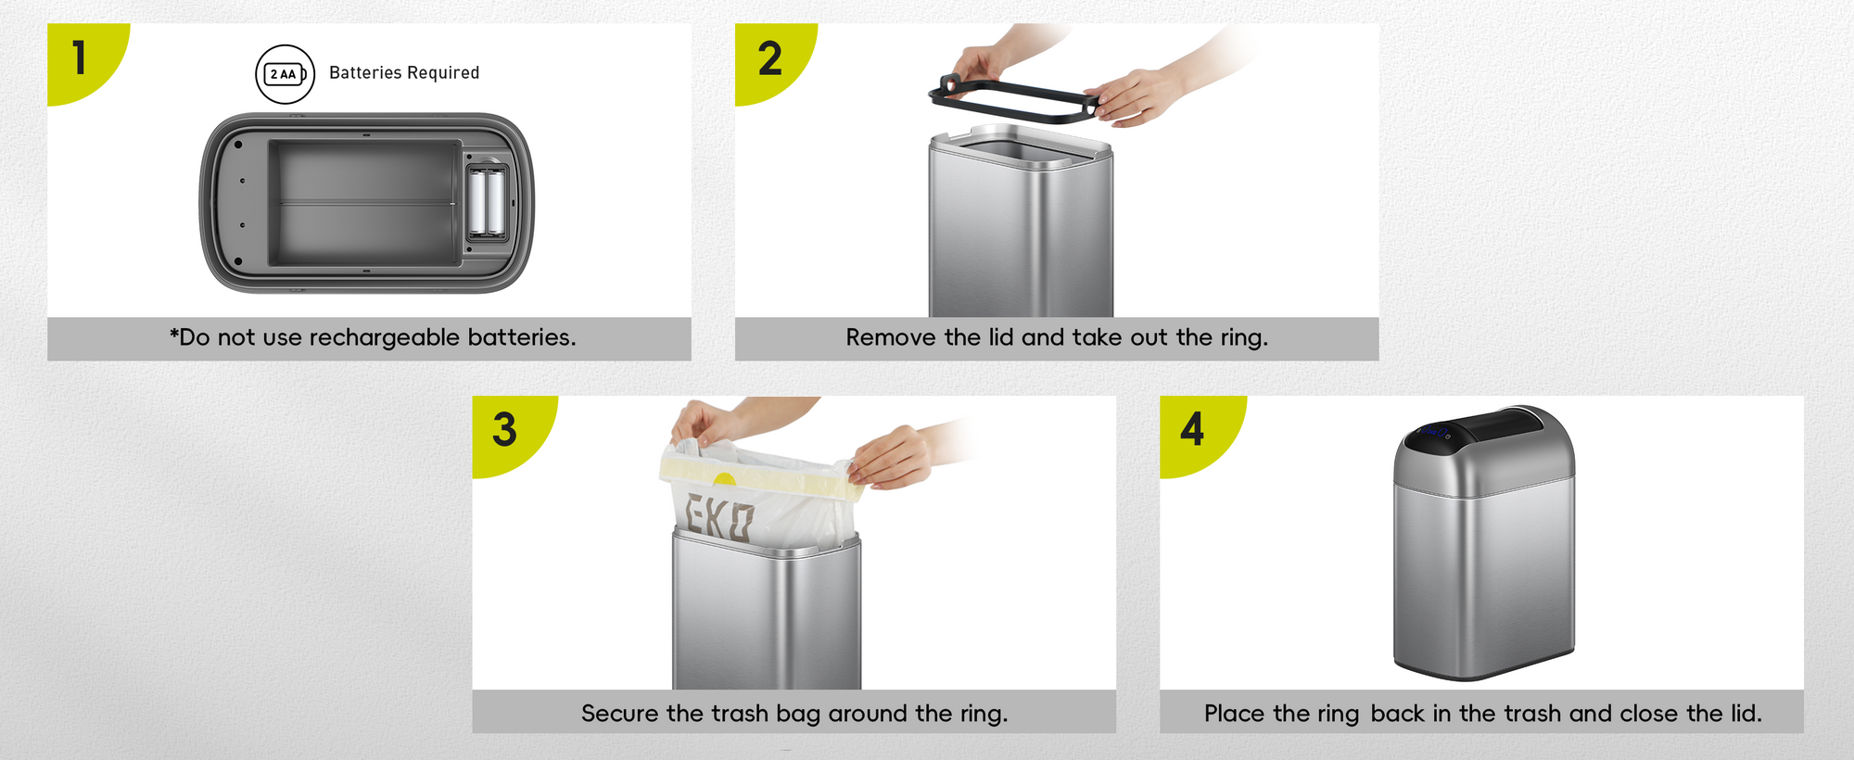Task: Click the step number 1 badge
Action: click(81, 57)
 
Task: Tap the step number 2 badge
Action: click(769, 57)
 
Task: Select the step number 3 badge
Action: click(505, 429)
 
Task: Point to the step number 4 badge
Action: click(1193, 429)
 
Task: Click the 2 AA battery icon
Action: click(286, 74)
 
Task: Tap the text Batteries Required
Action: click(404, 72)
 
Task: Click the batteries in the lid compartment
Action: click(487, 201)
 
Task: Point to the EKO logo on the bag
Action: click(718, 517)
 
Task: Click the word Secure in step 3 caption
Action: click(620, 714)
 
